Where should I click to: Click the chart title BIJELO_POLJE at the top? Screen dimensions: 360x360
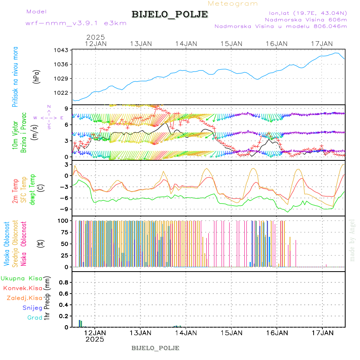coord(170,14)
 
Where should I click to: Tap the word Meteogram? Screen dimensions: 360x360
coord(233,4)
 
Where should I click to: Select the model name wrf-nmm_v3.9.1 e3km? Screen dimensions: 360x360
coord(76,23)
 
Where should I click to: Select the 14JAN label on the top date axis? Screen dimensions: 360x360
coord(186,44)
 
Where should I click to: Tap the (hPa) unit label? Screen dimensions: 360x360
coord(37,76)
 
